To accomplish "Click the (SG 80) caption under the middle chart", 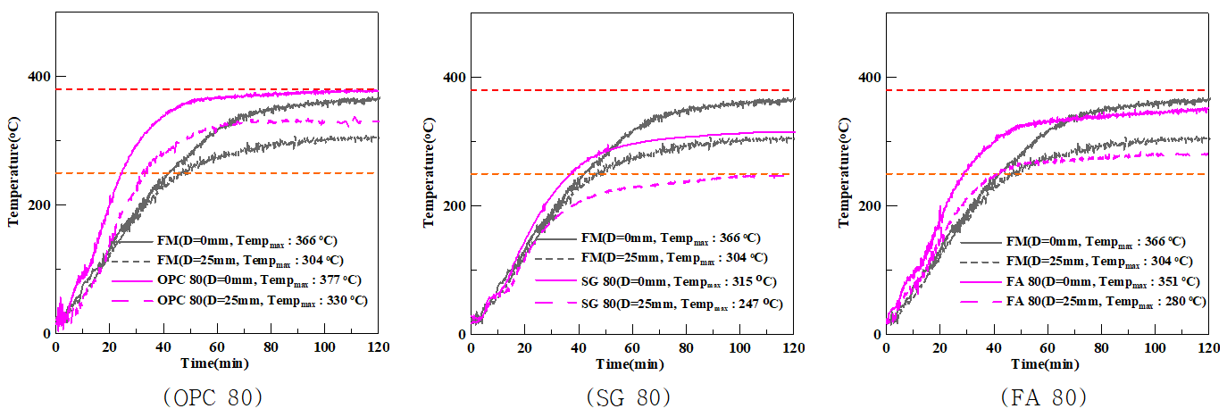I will tap(630, 396).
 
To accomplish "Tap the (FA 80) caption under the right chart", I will tap(1046, 396).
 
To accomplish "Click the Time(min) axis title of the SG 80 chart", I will tap(632, 363).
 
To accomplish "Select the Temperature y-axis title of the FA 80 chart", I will tap(845, 173).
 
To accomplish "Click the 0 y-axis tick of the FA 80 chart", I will tap(875, 334).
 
